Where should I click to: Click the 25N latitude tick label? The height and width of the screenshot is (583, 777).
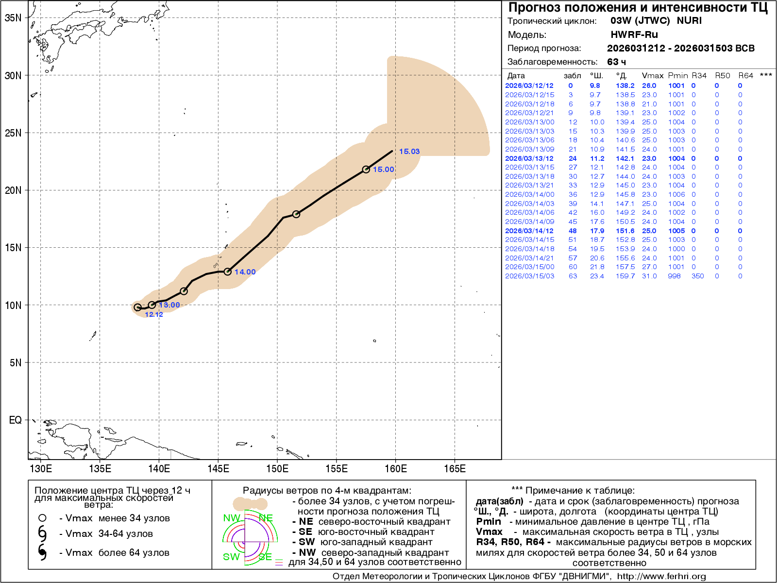[x=13, y=133]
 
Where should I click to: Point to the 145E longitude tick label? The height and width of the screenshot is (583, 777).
[x=218, y=469]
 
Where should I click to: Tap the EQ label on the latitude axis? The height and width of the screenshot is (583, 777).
[x=15, y=420]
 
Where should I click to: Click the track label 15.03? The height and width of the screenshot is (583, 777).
[x=409, y=152]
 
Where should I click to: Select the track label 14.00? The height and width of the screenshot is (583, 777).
[x=245, y=272]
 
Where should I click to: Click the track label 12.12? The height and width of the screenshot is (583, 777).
[x=153, y=314]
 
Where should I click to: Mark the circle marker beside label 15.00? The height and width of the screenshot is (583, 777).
[x=366, y=170]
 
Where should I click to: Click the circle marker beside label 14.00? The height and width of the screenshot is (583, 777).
[x=227, y=272]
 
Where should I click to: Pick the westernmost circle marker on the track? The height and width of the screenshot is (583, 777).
[x=137, y=307]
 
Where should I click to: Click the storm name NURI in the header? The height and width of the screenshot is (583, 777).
[x=689, y=20]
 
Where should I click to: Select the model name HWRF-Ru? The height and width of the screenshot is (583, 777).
[x=634, y=34]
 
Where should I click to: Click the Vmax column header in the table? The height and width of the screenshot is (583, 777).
[x=652, y=76]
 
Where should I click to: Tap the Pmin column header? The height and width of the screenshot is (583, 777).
[x=677, y=76]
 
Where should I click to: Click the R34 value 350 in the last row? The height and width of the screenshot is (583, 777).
[x=697, y=276]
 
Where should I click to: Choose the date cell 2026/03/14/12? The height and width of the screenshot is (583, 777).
[x=529, y=231]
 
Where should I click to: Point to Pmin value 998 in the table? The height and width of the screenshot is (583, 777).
[x=674, y=276]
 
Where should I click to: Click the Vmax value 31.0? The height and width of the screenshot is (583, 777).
[x=649, y=276]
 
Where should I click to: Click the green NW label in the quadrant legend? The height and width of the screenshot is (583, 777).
[x=231, y=518]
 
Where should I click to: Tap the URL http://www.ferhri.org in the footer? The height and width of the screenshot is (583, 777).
[x=661, y=576]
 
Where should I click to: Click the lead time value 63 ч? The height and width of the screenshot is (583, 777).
[x=616, y=62]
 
